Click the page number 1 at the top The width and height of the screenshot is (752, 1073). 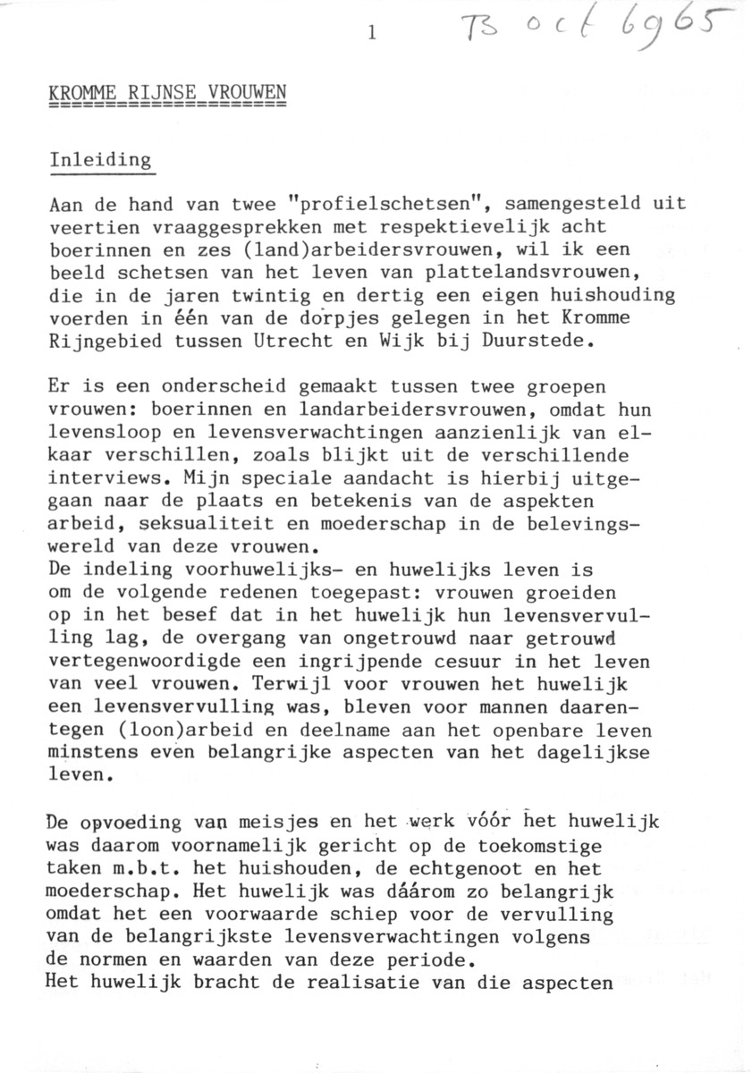tap(372, 35)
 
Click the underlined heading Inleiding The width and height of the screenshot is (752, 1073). tap(101, 162)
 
